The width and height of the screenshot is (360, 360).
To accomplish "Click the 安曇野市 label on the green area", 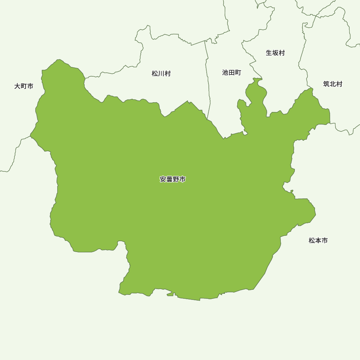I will (173, 179).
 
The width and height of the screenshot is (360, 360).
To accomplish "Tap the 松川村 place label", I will (161, 74).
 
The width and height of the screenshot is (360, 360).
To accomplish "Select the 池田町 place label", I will (231, 73).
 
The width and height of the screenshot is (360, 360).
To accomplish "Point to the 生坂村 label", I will (275, 53).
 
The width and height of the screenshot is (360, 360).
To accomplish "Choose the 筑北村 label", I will (333, 84).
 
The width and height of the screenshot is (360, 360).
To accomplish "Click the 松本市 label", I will (318, 240).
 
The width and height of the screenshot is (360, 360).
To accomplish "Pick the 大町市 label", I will (24, 86).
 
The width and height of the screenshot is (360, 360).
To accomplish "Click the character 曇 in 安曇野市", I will (170, 179).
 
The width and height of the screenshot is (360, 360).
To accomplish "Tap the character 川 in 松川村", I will (161, 74).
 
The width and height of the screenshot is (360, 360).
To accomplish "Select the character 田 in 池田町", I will (231, 73).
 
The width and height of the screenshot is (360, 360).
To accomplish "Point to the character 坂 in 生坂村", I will (275, 53).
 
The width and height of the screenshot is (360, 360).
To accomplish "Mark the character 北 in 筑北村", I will (333, 84).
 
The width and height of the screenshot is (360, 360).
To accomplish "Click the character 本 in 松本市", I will (318, 240).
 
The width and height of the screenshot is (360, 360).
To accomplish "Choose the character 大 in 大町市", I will (17, 86).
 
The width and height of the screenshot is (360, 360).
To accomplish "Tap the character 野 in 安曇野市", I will (176, 179).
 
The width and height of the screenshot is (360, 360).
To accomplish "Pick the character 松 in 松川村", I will (155, 74).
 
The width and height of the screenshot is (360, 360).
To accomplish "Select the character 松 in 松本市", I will (312, 240).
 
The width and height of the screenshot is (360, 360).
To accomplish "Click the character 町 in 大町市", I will (24, 86).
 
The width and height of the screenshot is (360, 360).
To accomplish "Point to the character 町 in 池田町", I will (238, 73).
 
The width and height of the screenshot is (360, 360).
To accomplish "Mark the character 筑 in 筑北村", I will (326, 84).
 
